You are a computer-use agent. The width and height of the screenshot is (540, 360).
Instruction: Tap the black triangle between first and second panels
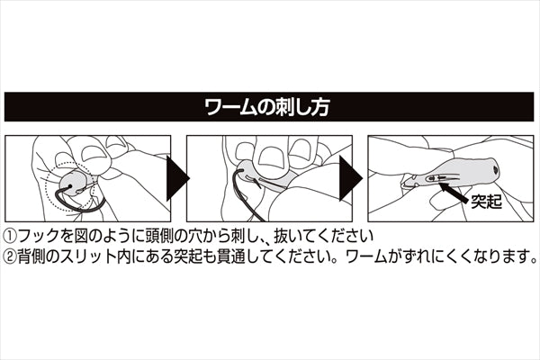click(x=177, y=176)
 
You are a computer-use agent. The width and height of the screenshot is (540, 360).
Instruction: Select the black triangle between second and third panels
click(x=355, y=176)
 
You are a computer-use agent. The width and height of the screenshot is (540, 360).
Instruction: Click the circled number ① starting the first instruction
click(x=11, y=234)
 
